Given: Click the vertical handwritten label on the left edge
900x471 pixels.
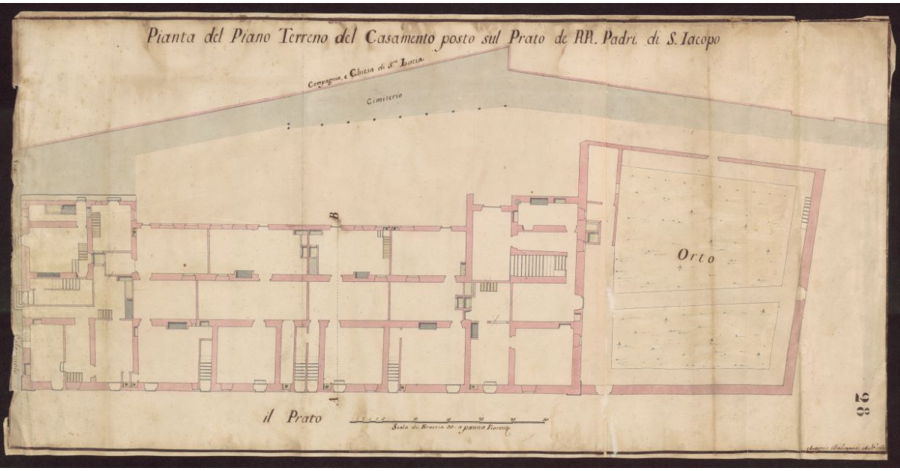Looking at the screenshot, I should (x=16, y=346).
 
